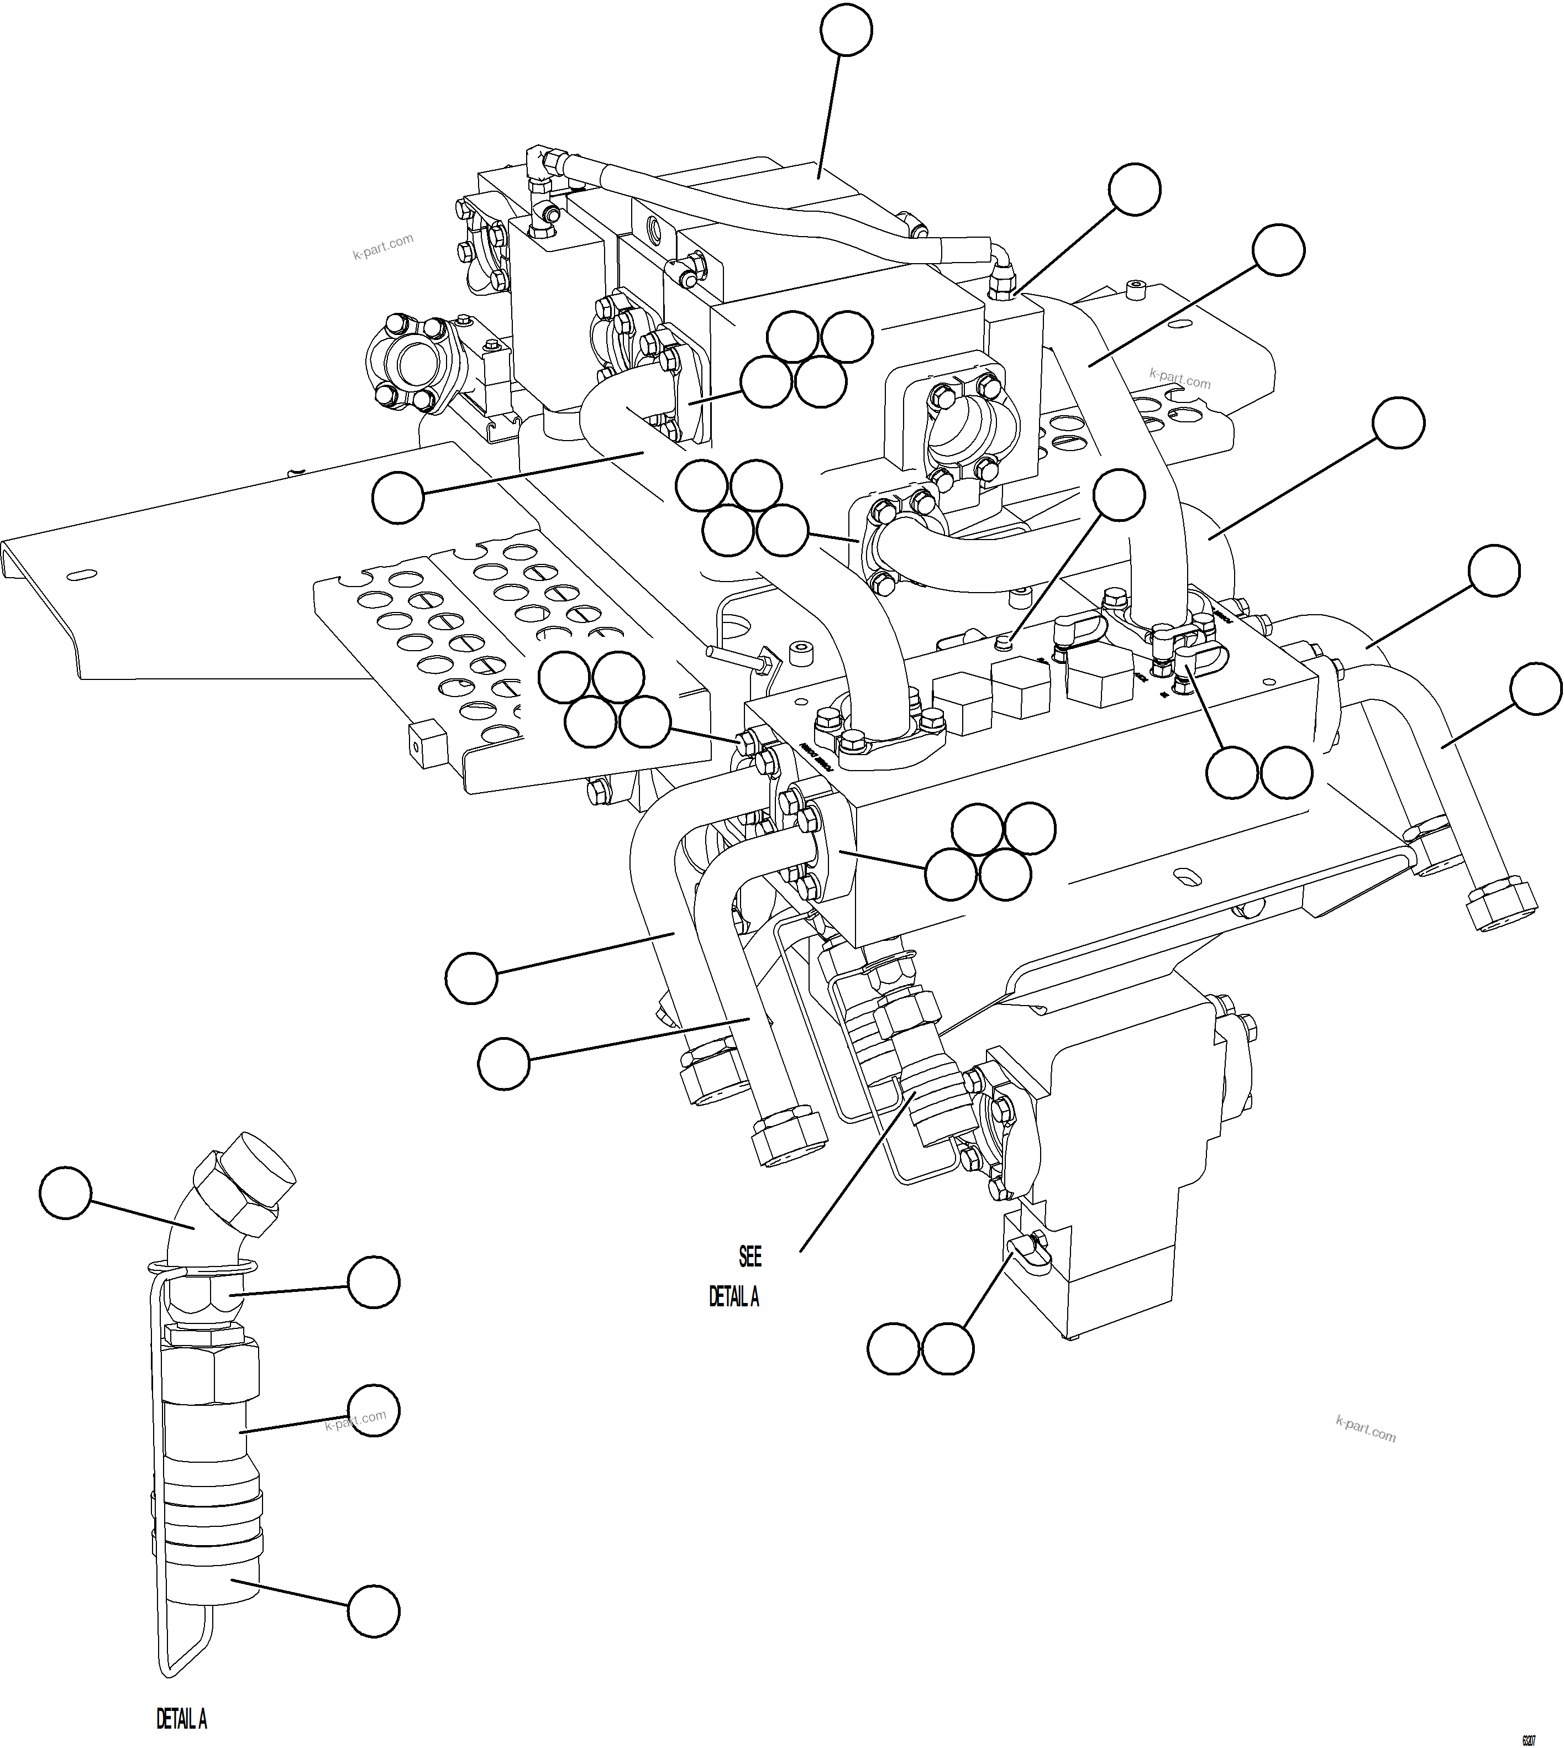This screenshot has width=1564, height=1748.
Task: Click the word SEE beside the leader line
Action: click(x=749, y=1257)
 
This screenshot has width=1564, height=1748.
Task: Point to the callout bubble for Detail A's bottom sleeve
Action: click(x=373, y=1610)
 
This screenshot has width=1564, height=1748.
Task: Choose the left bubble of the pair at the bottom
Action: click(x=893, y=1349)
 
